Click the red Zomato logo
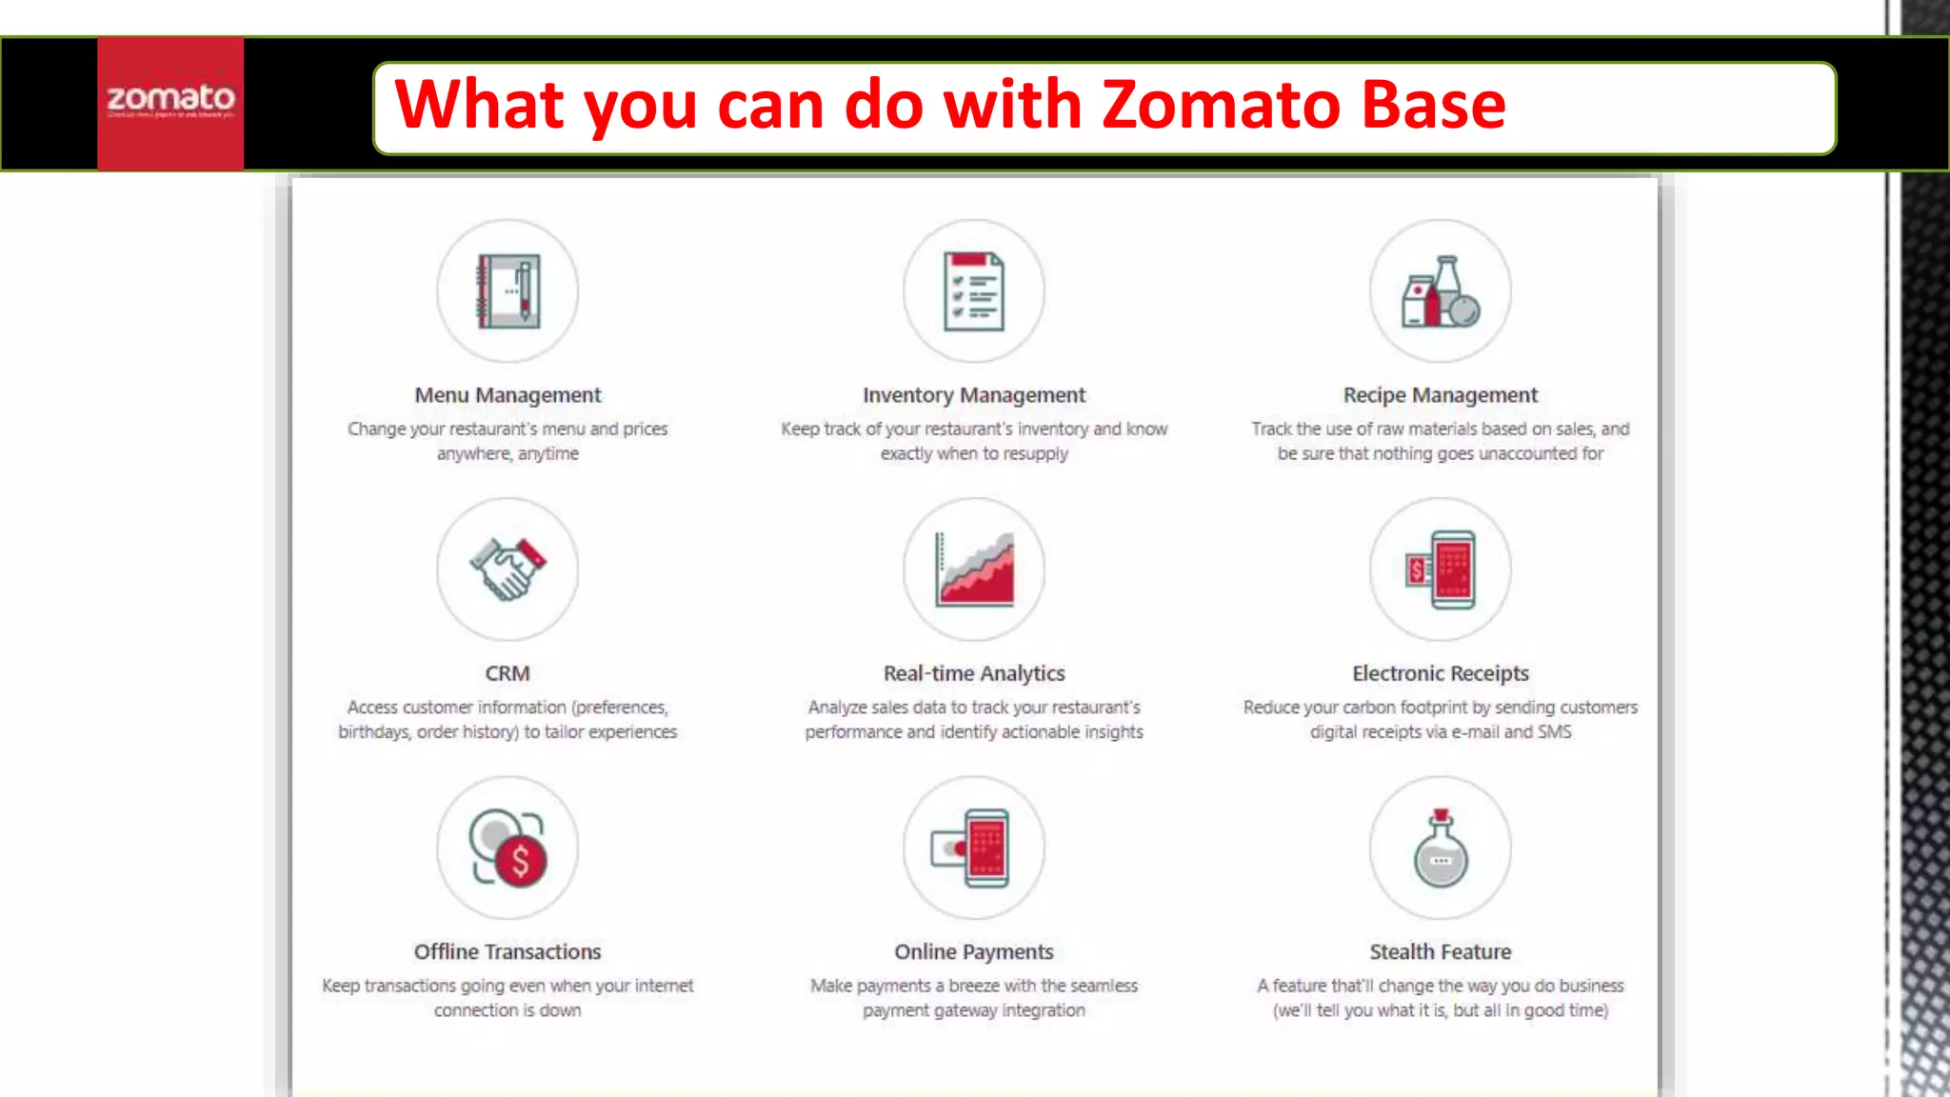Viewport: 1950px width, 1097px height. coord(170,103)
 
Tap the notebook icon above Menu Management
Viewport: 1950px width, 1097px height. coord(507,291)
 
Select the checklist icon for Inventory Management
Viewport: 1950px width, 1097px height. coord(973,291)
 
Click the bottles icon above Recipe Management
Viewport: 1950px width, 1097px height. coord(1441,291)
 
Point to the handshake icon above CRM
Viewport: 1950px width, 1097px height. coord(507,569)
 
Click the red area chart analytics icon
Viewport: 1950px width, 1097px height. coord(974,569)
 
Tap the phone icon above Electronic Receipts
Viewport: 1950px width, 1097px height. coord(1441,569)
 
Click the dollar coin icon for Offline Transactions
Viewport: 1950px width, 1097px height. coord(508,848)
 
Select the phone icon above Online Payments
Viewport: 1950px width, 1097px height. coord(973,848)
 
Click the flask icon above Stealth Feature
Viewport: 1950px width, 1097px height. coord(1441,848)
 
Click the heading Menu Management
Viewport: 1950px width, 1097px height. coord(507,395)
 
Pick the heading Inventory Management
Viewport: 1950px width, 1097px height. coord(973,395)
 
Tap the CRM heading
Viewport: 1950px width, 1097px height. coord(507,673)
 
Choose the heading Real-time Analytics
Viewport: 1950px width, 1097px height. coord(973,673)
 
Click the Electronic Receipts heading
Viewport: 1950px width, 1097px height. coord(1440,673)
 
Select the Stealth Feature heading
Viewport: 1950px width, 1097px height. coord(1440,951)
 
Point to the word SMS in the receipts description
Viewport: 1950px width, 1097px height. coord(1554,732)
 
